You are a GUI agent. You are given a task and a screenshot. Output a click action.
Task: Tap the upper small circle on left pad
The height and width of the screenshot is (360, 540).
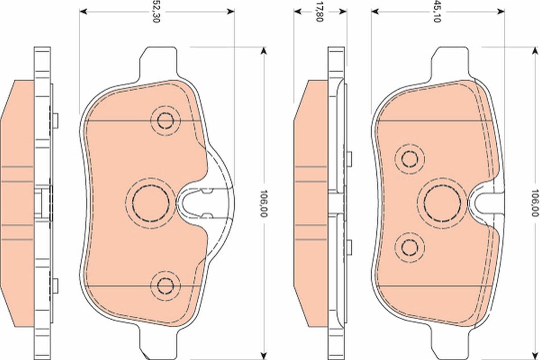[x=165, y=121]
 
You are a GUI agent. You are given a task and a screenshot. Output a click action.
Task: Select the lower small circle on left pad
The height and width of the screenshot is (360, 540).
[x=165, y=284]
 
